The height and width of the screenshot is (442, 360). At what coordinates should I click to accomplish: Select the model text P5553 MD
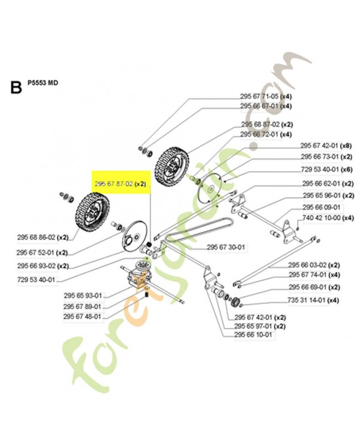point(43,83)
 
